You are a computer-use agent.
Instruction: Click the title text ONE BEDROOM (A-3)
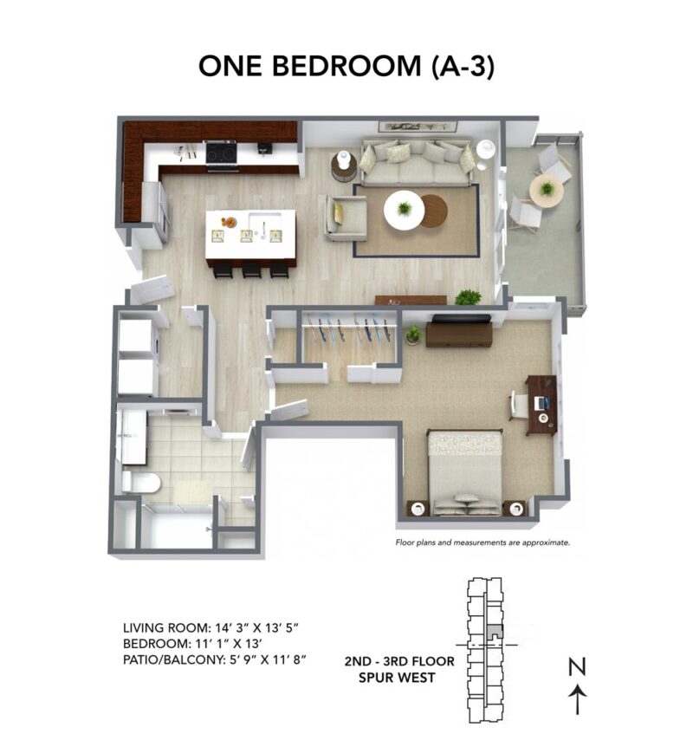346,66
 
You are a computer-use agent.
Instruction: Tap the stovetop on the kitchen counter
220,153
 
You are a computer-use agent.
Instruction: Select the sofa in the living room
417,161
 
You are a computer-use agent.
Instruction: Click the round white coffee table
404,210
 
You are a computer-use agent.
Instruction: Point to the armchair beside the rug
345,217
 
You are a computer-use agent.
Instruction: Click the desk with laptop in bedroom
539,403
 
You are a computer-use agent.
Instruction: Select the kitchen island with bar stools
250,235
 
